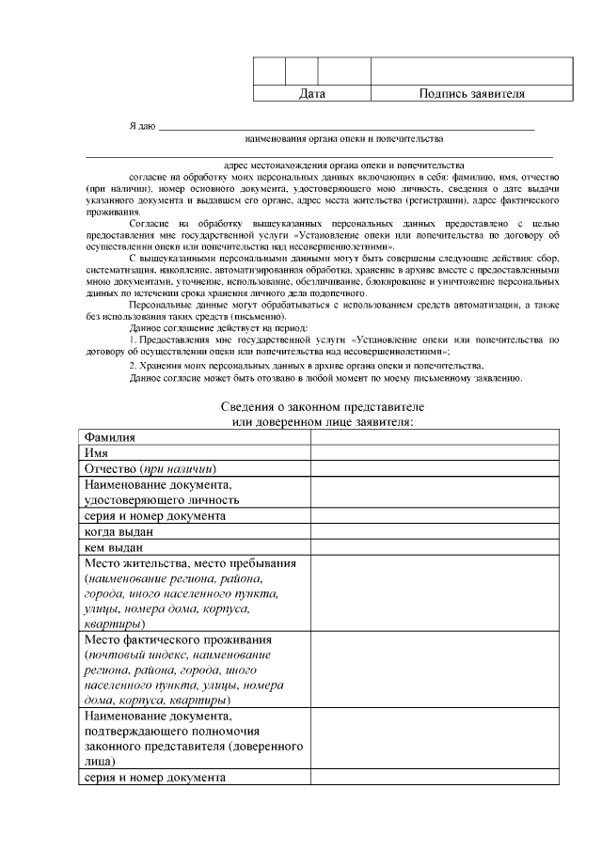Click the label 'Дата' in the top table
[311, 94]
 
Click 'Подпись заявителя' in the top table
[471, 94]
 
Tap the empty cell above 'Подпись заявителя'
[471, 71]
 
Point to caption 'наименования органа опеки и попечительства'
[343, 138]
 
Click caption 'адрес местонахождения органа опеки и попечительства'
[344, 164]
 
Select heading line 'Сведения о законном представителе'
[323, 406]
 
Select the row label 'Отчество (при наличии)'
[150, 468]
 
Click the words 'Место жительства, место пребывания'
[190, 562]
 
